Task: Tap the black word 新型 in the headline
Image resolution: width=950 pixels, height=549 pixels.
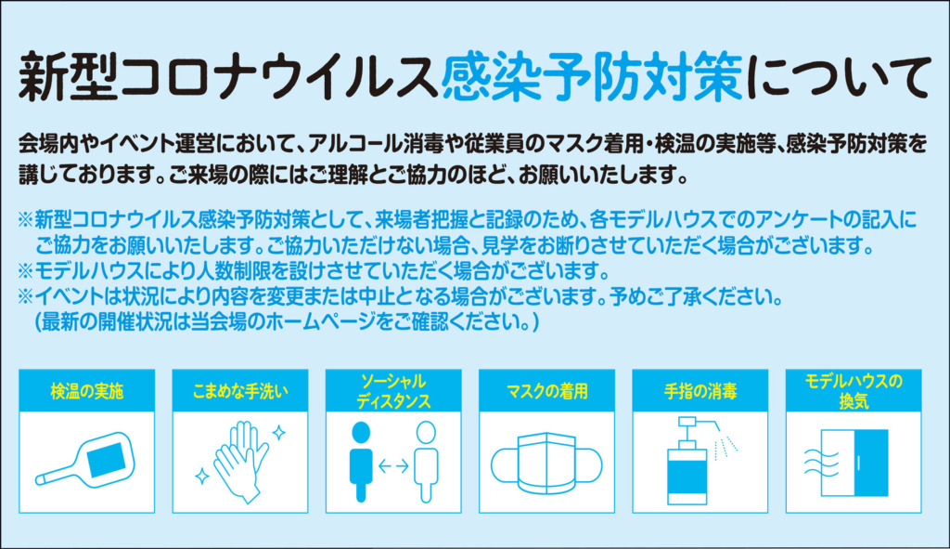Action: (69, 77)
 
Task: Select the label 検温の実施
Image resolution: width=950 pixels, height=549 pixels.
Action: (86, 391)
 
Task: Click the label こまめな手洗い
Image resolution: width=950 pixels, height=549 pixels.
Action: (240, 391)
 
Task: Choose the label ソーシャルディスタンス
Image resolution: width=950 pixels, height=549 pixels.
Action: (393, 391)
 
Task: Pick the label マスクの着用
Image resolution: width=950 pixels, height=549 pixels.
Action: (546, 391)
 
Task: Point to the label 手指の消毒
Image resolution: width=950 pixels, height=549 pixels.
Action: (700, 391)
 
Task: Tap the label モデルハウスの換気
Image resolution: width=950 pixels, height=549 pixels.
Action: (854, 391)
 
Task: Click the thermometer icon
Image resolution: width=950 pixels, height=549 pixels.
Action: (84, 459)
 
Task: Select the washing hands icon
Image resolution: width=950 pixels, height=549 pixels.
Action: (241, 461)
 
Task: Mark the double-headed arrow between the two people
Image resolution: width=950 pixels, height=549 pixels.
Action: (393, 466)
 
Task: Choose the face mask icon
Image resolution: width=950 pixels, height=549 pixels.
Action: (546, 464)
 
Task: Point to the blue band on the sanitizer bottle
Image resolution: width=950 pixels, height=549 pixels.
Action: (687, 477)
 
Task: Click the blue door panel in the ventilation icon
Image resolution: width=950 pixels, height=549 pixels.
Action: (871, 463)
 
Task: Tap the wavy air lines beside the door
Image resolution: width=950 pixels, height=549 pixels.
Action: (821, 463)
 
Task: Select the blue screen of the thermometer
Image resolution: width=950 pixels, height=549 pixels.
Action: (106, 459)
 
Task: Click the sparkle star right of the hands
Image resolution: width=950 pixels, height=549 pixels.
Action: (278, 433)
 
